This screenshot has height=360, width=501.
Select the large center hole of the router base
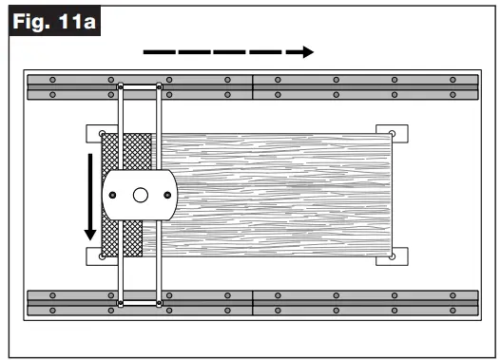pyautogui.click(x=141, y=196)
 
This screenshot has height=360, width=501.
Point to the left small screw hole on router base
pyautogui.click(x=113, y=196)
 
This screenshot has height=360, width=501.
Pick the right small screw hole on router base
pyautogui.click(x=169, y=196)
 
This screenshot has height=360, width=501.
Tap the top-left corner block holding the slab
pyautogui.click(x=94, y=133)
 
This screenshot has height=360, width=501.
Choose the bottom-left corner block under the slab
pyautogui.click(x=94, y=257)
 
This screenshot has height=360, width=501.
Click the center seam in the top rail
pyautogui.click(x=253, y=86)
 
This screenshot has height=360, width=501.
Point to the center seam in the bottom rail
pyautogui.click(x=253, y=301)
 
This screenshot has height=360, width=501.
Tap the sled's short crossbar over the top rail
pyautogui.click(x=140, y=86)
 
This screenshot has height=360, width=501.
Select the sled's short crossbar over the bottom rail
pyautogui.click(x=140, y=304)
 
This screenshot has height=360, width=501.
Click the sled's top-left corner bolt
pyautogui.click(x=121, y=86)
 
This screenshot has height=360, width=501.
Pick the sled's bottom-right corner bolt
pyautogui.click(x=159, y=304)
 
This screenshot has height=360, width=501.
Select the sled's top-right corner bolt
pyautogui.click(x=159, y=86)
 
